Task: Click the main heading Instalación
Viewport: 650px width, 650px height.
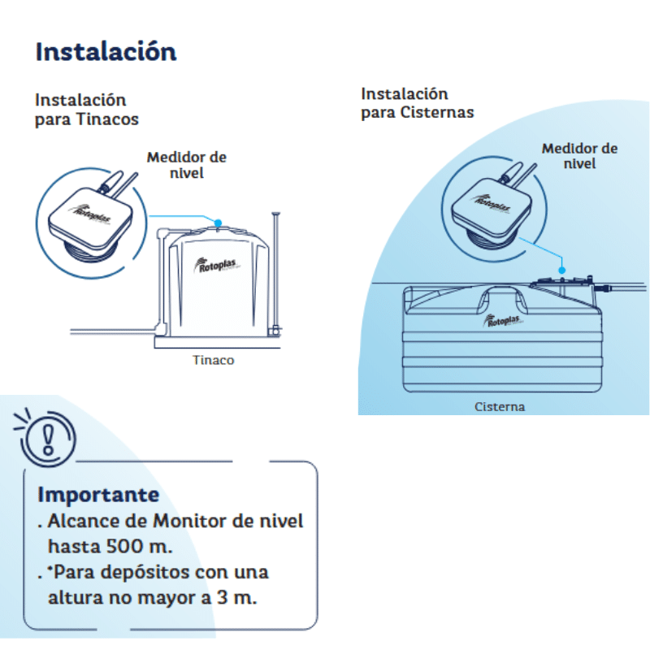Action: (106, 52)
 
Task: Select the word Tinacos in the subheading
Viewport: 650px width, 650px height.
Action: (107, 119)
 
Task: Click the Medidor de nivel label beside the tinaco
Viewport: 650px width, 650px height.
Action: (187, 165)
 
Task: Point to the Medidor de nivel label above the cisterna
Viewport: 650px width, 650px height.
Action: (579, 156)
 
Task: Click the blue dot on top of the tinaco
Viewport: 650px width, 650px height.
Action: (218, 223)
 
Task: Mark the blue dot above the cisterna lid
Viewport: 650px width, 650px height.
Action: (561, 271)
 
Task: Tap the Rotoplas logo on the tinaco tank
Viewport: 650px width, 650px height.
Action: (215, 265)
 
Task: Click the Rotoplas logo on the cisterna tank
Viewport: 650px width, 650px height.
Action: (502, 320)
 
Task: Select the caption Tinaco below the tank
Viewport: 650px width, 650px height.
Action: (213, 360)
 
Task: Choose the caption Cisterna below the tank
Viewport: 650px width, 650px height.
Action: (500, 407)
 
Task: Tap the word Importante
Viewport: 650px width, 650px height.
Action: (98, 495)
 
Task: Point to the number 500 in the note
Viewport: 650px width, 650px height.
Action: (125, 546)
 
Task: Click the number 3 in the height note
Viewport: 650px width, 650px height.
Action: (222, 597)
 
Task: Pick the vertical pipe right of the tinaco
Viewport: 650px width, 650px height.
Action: (275, 272)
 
